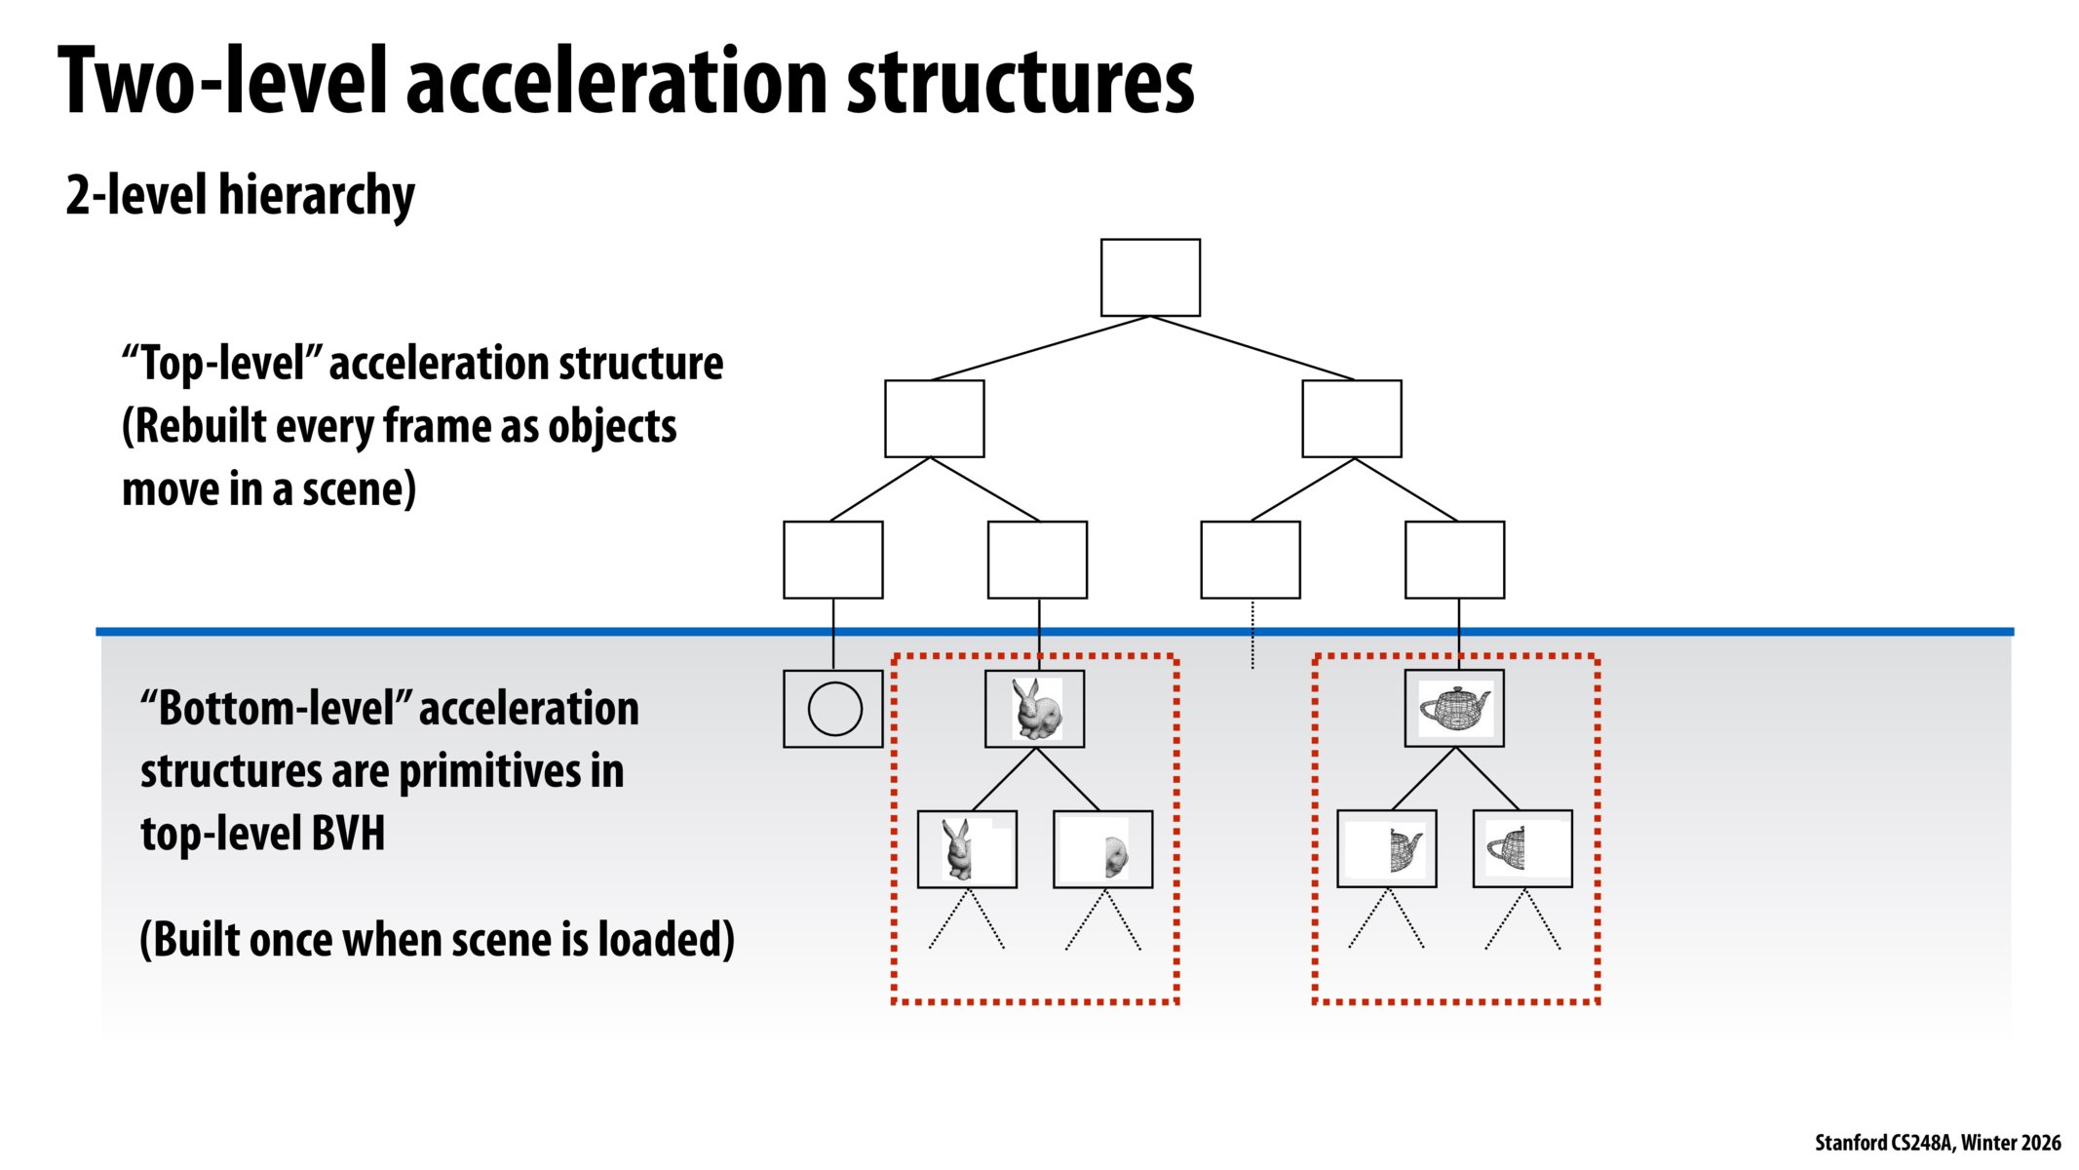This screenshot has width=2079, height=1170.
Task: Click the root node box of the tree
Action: [1150, 278]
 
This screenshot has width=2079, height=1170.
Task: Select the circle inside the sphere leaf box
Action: [835, 709]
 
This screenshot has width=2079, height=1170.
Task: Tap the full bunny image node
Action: [1034, 709]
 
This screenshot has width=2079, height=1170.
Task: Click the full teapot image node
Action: [1454, 708]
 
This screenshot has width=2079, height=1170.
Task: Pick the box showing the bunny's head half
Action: [967, 849]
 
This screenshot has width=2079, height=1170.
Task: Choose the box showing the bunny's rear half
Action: [1102, 849]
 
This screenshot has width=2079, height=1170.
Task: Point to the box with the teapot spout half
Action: [1387, 849]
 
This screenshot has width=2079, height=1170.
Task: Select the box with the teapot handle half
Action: [1521, 848]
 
